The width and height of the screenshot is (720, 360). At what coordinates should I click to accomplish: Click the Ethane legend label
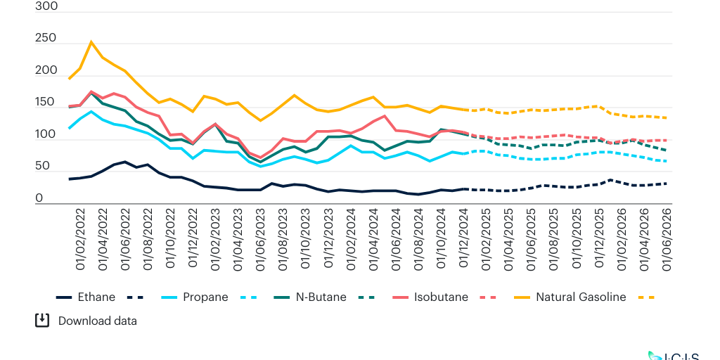coord(96,297)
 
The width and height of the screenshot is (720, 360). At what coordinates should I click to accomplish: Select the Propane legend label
coord(205,297)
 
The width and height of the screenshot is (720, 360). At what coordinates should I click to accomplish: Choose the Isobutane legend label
coord(440,297)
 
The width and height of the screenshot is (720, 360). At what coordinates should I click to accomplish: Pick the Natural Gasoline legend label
coord(581,297)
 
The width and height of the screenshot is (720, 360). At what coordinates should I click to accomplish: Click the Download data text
coord(98,321)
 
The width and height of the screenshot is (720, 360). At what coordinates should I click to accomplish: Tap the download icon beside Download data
coord(42,321)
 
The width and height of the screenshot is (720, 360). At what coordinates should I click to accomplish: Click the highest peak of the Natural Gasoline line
coord(91,41)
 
